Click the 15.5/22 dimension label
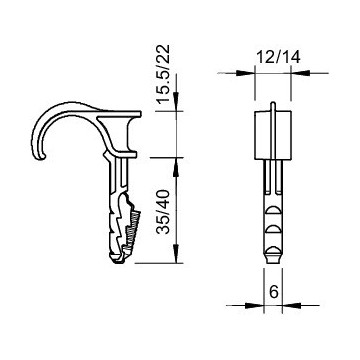(164, 74)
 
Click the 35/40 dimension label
(164, 212)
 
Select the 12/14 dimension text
(278, 57)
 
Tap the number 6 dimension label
(273, 292)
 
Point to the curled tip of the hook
(41, 157)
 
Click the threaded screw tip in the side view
(133, 230)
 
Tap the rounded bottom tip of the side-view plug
(117, 259)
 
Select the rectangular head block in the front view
(273, 135)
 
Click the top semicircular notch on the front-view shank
(273, 211)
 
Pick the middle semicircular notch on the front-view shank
(273, 229)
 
